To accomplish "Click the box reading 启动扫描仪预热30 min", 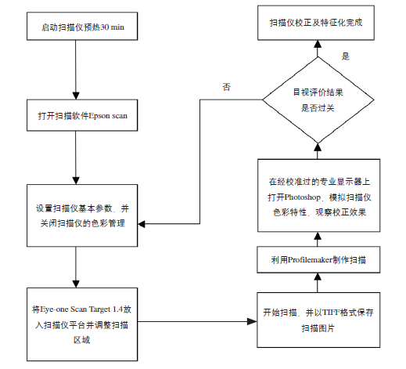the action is (x=82, y=26).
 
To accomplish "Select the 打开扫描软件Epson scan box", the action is (x=82, y=115).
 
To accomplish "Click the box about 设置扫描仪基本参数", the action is (x=82, y=215).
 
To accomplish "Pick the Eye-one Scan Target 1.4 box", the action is (x=82, y=324).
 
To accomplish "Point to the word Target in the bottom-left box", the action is (x=99, y=309).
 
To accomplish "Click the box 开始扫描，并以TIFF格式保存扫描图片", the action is (x=318, y=320).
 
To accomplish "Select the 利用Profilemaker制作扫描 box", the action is (x=318, y=260).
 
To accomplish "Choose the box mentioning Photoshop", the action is (x=318, y=195).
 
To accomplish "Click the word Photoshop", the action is (x=303, y=197).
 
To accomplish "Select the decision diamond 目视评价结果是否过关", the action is (x=318, y=99).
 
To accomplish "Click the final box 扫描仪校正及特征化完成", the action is (x=316, y=23).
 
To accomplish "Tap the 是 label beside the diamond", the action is (x=346, y=56).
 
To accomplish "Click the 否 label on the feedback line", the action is (x=226, y=87).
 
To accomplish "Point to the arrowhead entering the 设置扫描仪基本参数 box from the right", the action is (x=142, y=224).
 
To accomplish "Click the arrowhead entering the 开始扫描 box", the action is (x=252, y=321).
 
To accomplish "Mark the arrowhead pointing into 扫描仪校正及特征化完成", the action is (x=318, y=44).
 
